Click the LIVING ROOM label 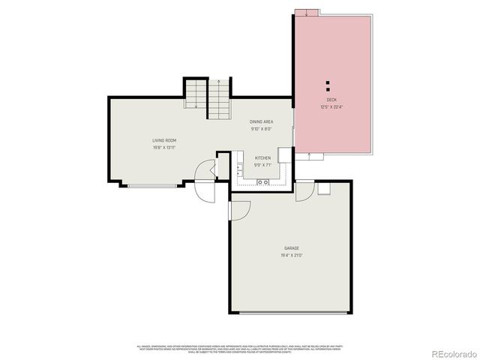[x=164, y=140]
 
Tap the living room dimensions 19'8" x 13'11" [x=164, y=148]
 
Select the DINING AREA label [x=261, y=121]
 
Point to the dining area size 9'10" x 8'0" [x=261, y=129]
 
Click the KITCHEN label [x=262, y=157]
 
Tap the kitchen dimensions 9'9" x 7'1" [x=262, y=165]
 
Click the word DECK [x=331, y=100]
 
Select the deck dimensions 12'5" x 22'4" [x=331, y=107]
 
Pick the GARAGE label [x=292, y=248]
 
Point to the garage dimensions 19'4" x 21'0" [x=292, y=256]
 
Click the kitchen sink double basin [x=263, y=182]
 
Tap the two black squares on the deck [x=328, y=85]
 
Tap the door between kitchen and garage [x=304, y=190]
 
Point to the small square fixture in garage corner [x=323, y=189]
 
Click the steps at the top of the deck [x=307, y=11]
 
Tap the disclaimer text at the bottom [x=239, y=348]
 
